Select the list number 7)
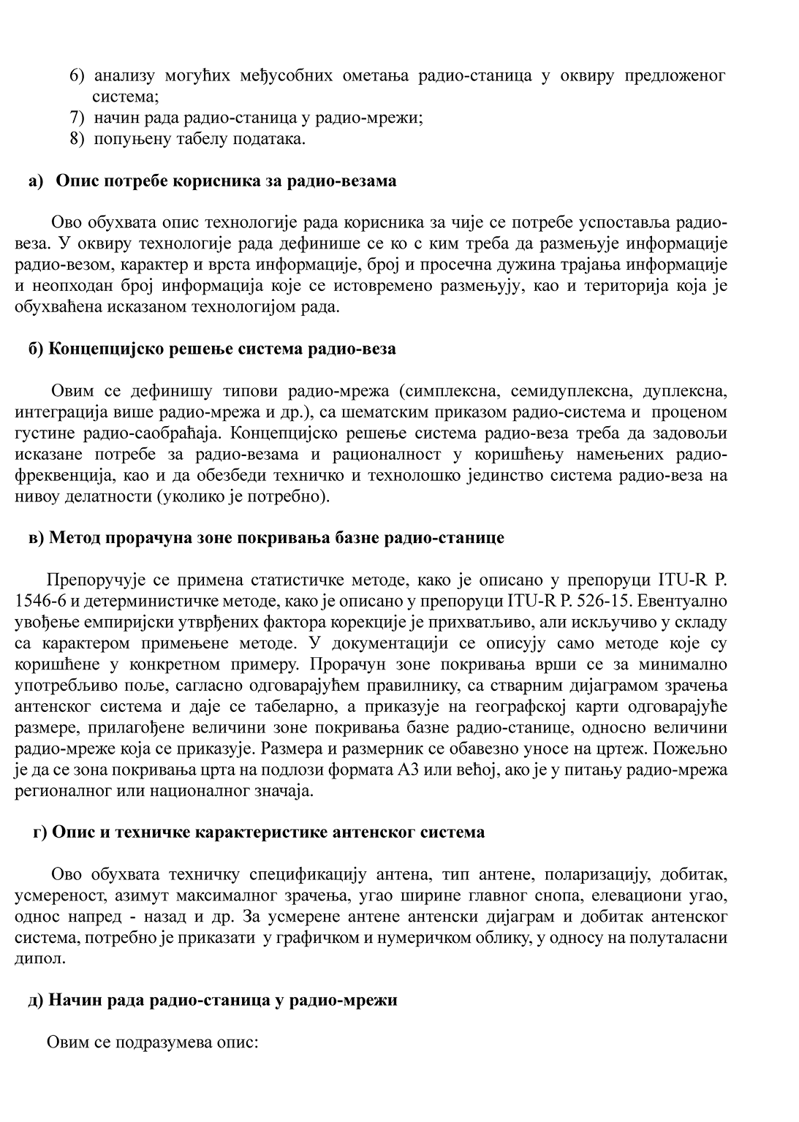[77, 118]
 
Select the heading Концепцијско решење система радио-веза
[222, 349]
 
